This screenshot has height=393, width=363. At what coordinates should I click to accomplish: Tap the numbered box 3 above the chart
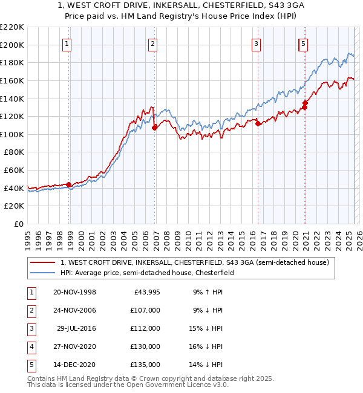(257, 44)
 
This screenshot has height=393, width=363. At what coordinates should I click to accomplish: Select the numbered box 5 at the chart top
(302, 44)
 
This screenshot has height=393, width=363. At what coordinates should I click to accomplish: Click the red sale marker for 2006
(155, 127)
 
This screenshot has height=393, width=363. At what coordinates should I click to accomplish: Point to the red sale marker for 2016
(258, 123)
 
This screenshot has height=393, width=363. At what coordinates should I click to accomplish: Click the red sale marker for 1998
(69, 184)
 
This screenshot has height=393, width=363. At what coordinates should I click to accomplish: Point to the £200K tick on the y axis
(12, 45)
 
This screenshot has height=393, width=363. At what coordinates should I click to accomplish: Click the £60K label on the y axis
(15, 171)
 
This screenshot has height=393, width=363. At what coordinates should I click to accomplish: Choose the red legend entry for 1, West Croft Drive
(194, 262)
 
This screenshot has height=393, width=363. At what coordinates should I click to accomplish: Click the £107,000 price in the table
(145, 310)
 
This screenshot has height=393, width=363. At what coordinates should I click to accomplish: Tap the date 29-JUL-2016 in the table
(76, 328)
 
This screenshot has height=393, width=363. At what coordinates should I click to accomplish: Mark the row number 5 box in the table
(31, 365)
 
